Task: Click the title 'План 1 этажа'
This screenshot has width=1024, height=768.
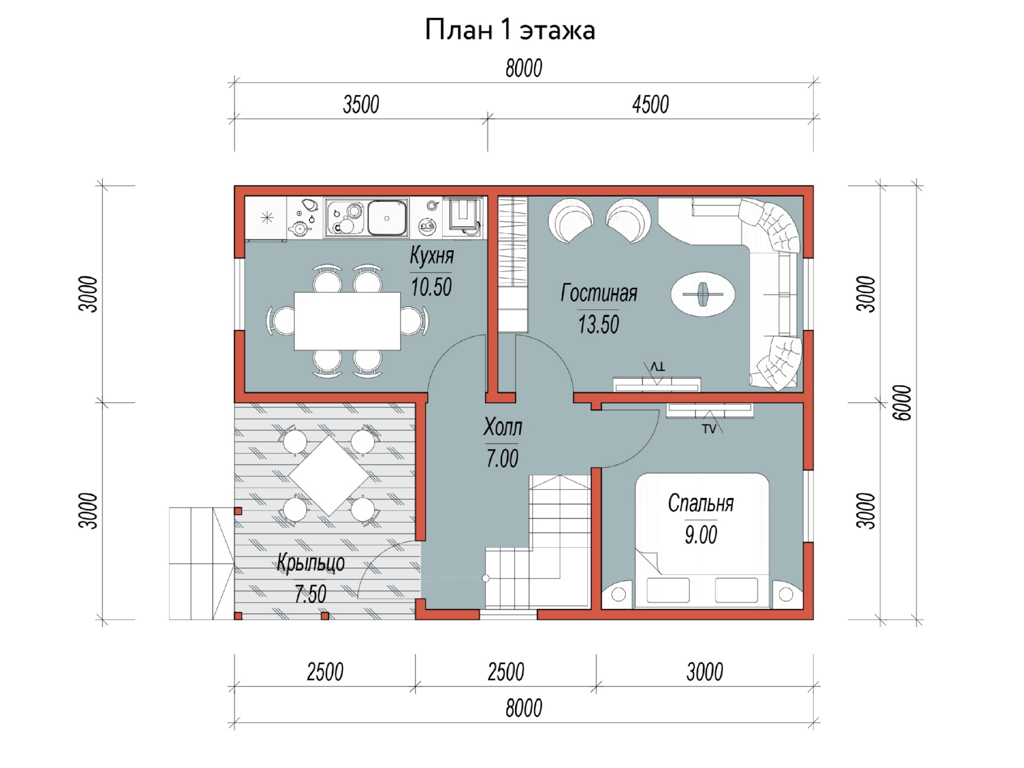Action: click(509, 30)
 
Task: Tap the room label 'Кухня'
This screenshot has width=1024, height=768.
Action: click(431, 256)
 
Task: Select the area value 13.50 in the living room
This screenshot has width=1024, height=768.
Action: click(598, 324)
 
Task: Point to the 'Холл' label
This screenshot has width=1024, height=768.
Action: click(502, 427)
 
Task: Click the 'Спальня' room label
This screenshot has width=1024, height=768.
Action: click(701, 503)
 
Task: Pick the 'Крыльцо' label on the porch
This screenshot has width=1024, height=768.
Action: click(310, 563)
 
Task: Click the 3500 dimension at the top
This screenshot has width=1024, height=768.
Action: click(361, 105)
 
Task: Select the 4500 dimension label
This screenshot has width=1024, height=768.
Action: click(650, 105)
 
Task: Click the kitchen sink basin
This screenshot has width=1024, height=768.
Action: click(387, 218)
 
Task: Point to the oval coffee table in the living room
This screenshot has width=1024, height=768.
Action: click(702, 294)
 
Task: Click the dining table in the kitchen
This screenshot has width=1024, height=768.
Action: click(347, 321)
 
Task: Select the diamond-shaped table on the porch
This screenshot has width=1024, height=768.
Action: click(329, 476)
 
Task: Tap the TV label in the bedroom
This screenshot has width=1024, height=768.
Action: click(709, 429)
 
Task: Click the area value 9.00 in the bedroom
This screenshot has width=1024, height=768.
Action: click(701, 535)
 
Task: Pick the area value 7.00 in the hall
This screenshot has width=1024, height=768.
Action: click(502, 459)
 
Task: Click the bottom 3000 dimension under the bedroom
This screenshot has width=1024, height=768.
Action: click(705, 672)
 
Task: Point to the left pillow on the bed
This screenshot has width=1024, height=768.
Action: click(668, 590)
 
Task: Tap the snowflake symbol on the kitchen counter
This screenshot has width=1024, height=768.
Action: click(267, 218)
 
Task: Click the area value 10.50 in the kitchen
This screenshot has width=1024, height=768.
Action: click(431, 287)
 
